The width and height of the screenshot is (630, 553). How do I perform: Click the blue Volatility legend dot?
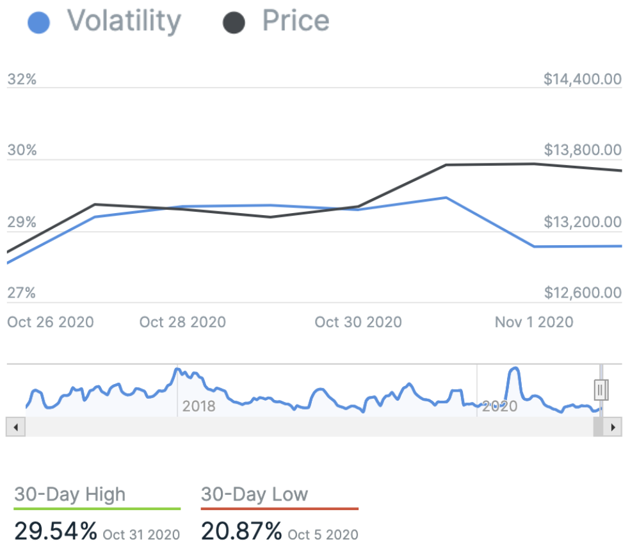39,24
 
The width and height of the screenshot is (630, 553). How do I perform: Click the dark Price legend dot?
234,24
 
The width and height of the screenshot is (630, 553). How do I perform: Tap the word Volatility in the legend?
124,22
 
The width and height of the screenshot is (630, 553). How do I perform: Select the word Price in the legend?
296,22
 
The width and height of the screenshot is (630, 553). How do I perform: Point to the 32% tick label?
22,79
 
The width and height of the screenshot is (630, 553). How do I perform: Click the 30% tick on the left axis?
22,151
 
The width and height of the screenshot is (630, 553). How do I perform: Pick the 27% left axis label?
22,293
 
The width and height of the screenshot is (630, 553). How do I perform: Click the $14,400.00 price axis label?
582,79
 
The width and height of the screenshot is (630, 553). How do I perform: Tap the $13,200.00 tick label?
582,223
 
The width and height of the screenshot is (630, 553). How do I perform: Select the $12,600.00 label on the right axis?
582,293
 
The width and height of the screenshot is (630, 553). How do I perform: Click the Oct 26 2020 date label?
51,321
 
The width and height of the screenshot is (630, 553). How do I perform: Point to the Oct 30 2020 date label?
358,321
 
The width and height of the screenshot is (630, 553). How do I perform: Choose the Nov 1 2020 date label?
534,321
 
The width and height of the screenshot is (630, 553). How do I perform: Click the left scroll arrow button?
15,427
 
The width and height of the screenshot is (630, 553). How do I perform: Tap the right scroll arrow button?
613,427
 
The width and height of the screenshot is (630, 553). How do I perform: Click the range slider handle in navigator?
601,389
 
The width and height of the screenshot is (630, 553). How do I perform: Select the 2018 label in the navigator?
198,406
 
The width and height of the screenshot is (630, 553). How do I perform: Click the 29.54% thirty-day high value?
56,531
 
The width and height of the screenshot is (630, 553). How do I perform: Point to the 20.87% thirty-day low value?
242,531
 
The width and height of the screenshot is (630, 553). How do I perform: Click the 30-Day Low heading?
254,495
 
